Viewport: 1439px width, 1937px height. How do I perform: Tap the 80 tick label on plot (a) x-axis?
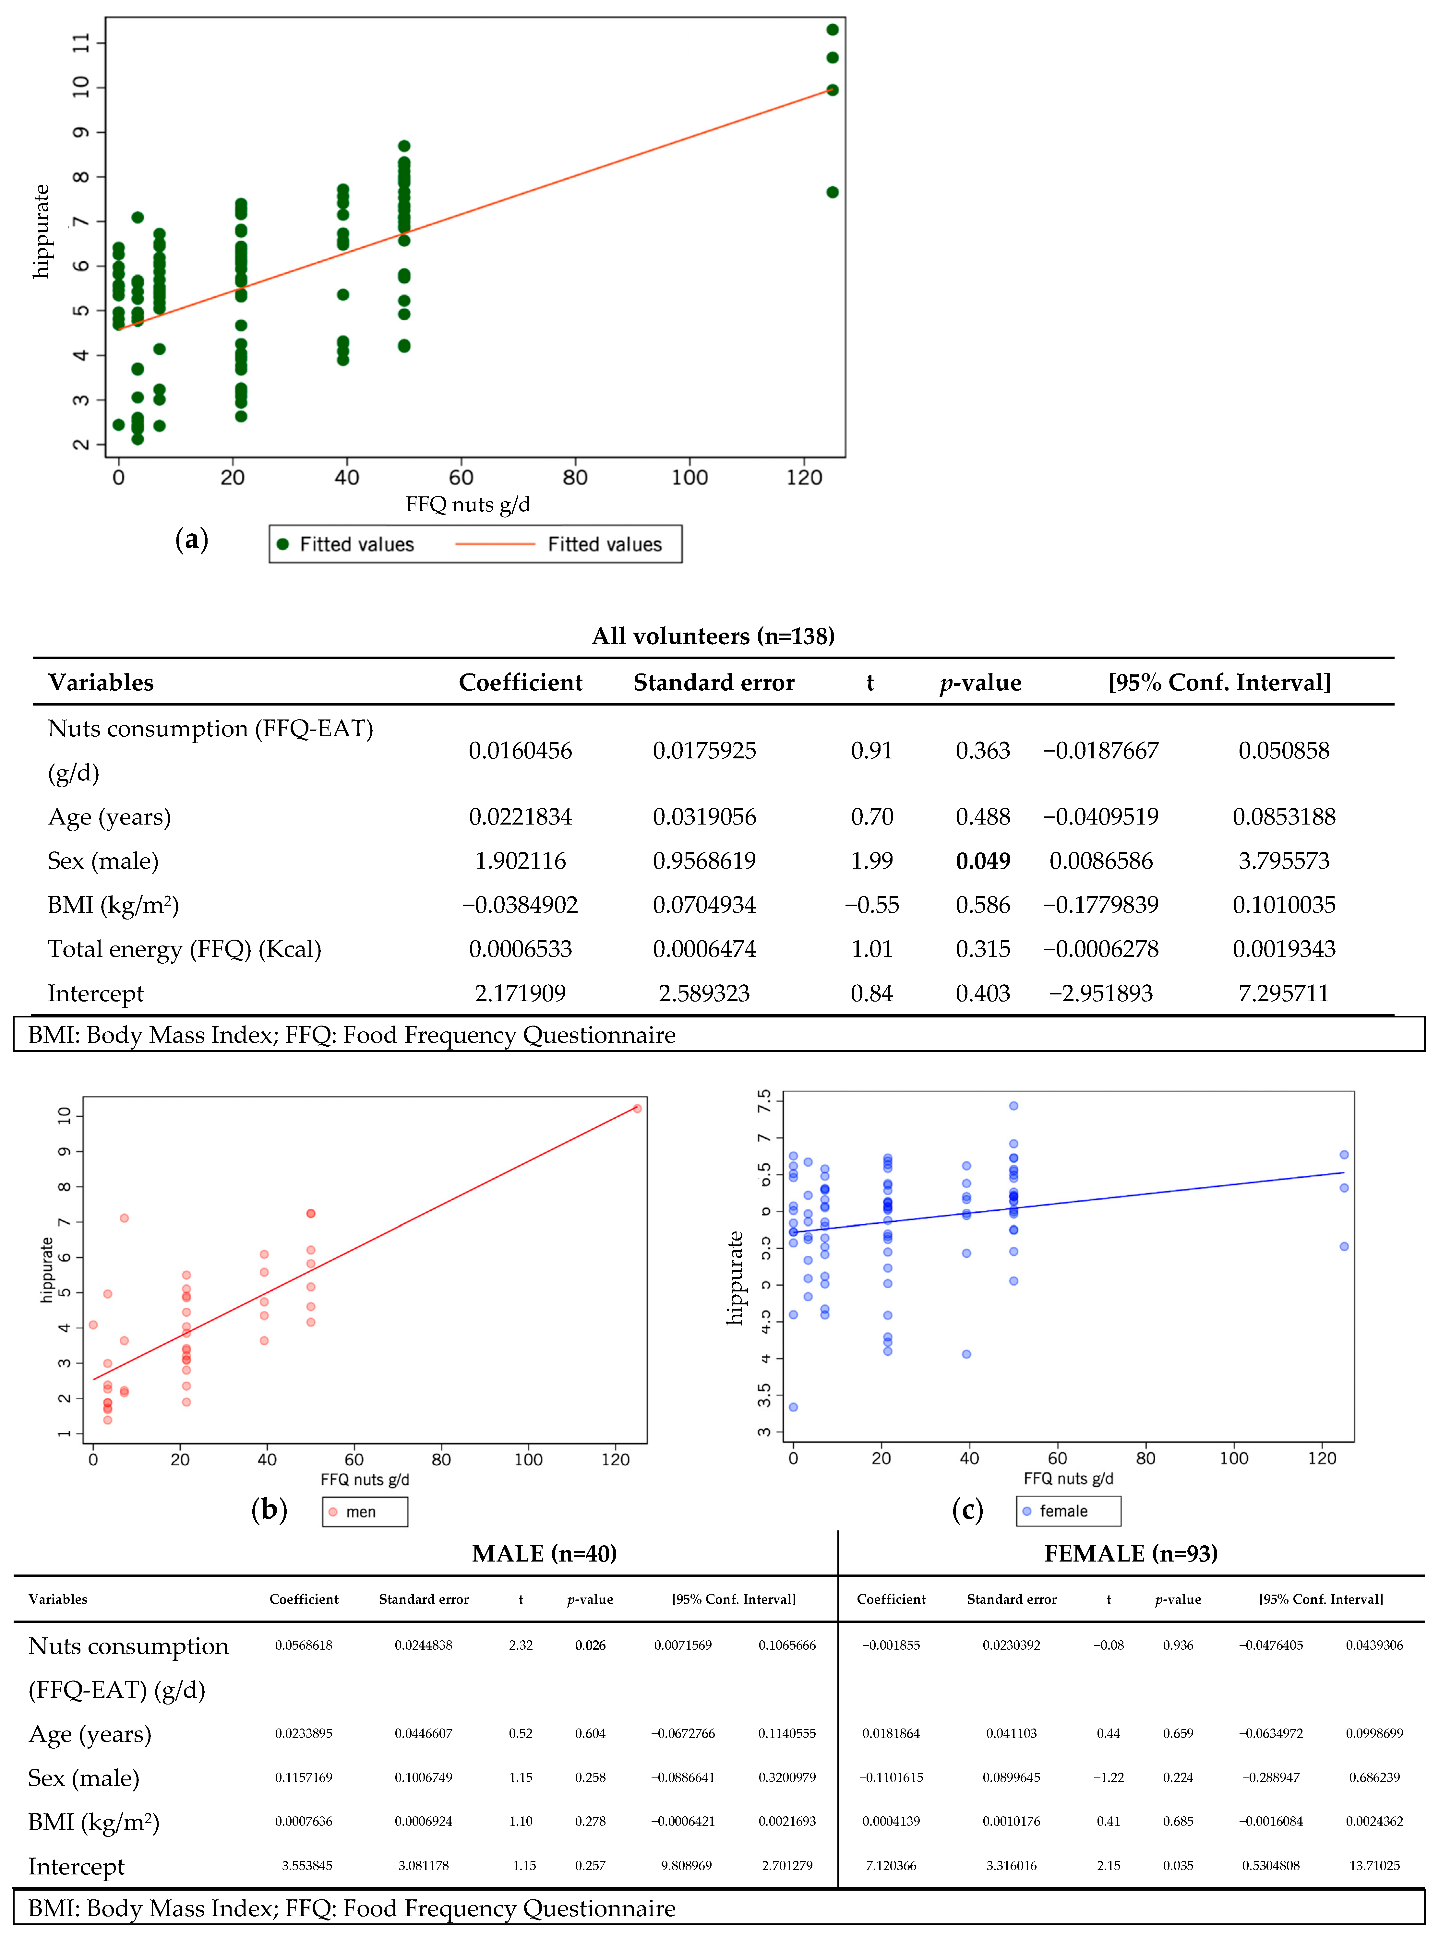(x=575, y=477)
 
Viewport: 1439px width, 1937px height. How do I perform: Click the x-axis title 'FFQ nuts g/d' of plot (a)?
(x=468, y=504)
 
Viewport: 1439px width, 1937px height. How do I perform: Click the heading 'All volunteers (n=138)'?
(x=714, y=636)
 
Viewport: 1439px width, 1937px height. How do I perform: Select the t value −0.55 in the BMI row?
(x=871, y=905)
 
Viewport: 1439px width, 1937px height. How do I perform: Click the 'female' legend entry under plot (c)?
(x=1063, y=1511)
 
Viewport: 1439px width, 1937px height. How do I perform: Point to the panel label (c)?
(x=967, y=1509)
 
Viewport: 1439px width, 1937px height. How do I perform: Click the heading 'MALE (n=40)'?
(x=545, y=1554)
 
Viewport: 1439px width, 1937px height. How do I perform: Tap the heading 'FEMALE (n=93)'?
(x=1131, y=1554)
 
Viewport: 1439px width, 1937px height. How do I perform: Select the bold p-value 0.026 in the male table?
(x=590, y=1645)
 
